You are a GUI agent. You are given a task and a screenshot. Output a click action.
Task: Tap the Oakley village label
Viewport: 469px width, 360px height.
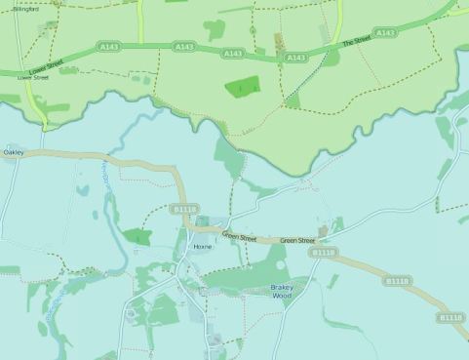pyautogui.click(x=14, y=152)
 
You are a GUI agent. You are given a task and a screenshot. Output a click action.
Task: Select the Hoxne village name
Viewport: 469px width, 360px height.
pyautogui.click(x=203, y=247)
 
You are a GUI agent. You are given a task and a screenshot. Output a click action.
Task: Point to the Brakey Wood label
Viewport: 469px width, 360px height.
pyautogui.click(x=281, y=292)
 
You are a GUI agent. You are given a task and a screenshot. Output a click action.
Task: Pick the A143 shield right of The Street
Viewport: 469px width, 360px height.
pyautogui.click(x=385, y=32)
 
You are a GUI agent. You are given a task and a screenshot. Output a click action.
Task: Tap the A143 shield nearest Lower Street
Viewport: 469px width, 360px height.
pyautogui.click(x=108, y=45)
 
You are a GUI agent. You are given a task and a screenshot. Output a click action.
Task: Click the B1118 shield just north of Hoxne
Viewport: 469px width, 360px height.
pyautogui.click(x=183, y=209)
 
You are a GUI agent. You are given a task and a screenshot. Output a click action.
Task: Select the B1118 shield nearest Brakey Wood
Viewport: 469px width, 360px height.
pyautogui.click(x=323, y=253)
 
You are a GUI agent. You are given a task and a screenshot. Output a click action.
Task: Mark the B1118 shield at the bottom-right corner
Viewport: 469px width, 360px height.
pyautogui.click(x=450, y=317)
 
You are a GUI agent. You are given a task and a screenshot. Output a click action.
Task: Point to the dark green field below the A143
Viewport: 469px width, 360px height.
pyautogui.click(x=242, y=88)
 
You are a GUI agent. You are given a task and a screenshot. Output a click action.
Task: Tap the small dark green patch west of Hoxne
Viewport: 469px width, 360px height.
pyautogui.click(x=137, y=236)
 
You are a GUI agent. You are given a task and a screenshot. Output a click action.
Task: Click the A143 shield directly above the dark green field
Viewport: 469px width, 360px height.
pyautogui.click(x=233, y=53)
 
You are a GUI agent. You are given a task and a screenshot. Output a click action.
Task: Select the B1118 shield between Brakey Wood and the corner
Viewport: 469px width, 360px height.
pyautogui.click(x=396, y=281)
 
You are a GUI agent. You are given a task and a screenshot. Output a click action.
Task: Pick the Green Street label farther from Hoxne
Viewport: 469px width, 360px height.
pyautogui.click(x=297, y=240)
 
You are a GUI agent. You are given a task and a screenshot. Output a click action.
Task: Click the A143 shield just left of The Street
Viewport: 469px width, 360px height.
pyautogui.click(x=295, y=59)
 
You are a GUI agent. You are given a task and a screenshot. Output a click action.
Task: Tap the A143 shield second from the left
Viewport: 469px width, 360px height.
pyautogui.click(x=182, y=46)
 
